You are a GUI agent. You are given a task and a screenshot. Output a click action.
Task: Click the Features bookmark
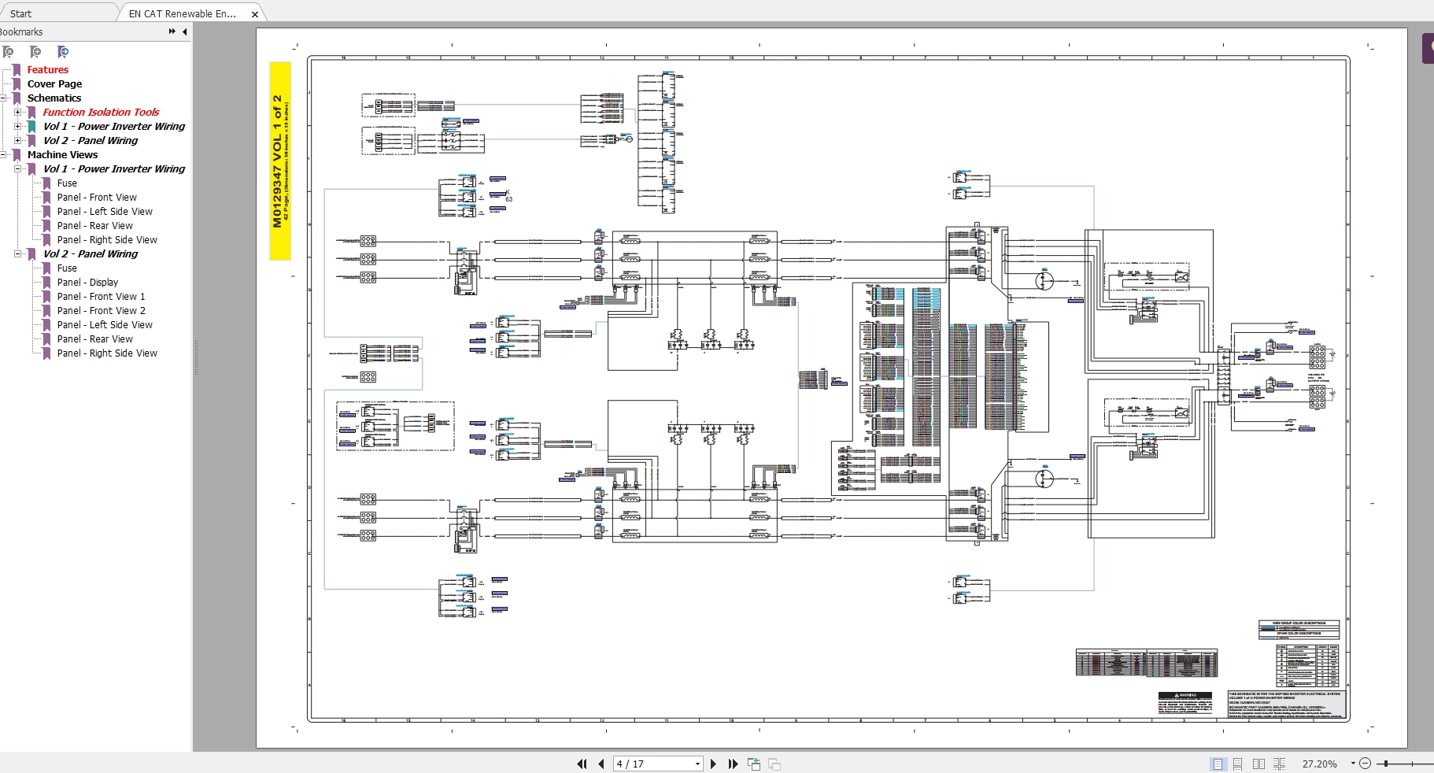47,70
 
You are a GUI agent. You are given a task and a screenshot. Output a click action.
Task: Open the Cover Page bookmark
54,84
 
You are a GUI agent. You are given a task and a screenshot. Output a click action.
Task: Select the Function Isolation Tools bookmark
101,113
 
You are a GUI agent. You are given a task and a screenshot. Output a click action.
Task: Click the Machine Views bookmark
62,155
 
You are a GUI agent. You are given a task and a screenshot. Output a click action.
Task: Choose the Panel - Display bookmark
87,283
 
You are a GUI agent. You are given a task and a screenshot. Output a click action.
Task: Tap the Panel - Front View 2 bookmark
101,311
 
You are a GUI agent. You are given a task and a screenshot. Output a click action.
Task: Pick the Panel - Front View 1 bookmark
101,297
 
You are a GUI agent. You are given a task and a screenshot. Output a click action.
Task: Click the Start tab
21,13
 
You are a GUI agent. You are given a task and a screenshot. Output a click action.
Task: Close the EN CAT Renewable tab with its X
255,14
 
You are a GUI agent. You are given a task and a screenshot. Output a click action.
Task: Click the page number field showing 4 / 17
656,764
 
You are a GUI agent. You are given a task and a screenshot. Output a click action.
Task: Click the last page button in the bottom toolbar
733,764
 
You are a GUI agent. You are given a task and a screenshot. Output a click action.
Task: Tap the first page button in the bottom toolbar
582,764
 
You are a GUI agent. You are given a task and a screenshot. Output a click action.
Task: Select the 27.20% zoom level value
1320,764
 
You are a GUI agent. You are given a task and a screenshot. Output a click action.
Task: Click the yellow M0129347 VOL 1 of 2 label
280,161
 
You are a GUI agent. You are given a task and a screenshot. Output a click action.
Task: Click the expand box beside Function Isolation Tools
18,113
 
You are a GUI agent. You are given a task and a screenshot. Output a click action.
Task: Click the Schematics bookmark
54,98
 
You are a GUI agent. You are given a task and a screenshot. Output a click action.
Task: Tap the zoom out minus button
1366,764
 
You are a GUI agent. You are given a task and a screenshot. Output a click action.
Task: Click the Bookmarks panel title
22,32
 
